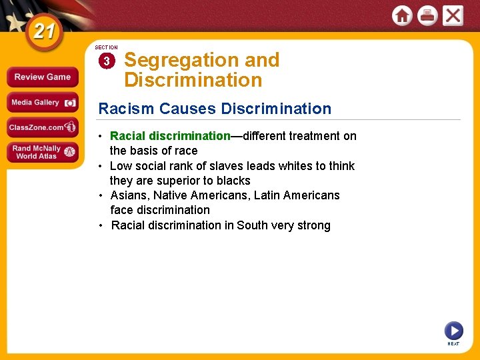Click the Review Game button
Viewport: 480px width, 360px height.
click(x=43, y=77)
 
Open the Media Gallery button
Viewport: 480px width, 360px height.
click(x=43, y=103)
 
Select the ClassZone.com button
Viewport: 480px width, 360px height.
click(x=43, y=127)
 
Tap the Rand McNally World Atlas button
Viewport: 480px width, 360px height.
click(x=43, y=152)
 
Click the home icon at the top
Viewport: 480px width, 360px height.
click(x=402, y=15)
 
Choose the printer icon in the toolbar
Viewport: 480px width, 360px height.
click(x=427, y=15)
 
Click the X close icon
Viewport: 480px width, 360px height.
click(x=453, y=15)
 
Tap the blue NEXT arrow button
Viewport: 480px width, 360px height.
click(x=453, y=331)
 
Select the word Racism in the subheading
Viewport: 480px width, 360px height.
click(x=121, y=109)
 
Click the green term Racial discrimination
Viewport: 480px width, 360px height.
click(x=170, y=136)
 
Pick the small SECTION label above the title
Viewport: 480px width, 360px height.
click(x=106, y=48)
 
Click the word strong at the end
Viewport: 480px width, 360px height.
click(x=314, y=225)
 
